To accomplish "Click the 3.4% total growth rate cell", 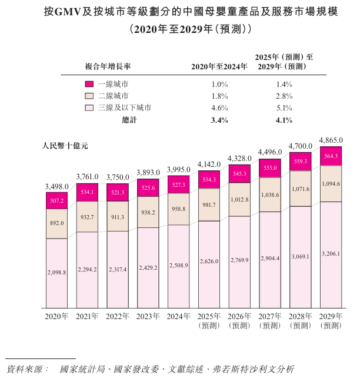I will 219,120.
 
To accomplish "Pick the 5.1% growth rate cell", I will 284,108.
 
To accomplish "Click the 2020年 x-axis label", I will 57,316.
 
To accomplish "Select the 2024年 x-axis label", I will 179,316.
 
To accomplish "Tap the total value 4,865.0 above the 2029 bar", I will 331,140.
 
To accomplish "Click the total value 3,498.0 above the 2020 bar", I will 57,186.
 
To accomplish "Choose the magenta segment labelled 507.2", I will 57,200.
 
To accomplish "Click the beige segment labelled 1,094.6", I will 331,184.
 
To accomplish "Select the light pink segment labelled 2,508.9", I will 179,266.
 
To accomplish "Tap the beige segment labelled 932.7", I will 88,217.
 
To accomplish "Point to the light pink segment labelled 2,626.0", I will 209,264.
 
